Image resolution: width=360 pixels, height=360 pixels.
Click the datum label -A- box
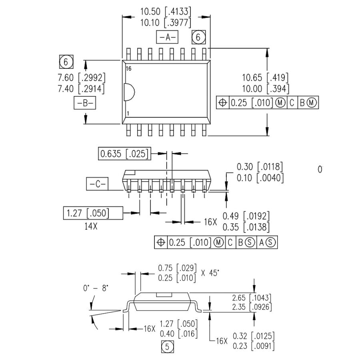tap(167, 37)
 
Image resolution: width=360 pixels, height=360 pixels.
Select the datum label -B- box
tap(84, 103)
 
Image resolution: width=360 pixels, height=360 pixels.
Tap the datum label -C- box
tap(97, 184)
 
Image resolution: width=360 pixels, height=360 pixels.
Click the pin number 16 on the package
tap(128, 69)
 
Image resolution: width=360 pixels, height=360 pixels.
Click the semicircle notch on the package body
tap(128, 92)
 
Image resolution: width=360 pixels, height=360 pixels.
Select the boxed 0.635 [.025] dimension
tap(124, 154)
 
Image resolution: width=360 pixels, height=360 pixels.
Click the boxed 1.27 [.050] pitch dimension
tap(92, 213)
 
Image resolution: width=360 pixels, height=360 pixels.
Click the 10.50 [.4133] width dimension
tap(166, 11)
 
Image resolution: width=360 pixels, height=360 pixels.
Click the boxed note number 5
tap(168, 347)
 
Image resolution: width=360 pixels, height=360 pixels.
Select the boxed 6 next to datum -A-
tap(198, 37)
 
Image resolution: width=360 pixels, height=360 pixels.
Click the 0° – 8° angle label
tap(96, 288)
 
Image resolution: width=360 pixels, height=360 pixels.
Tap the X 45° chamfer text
tap(210, 273)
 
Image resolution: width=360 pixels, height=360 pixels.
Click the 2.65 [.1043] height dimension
tap(252, 298)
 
